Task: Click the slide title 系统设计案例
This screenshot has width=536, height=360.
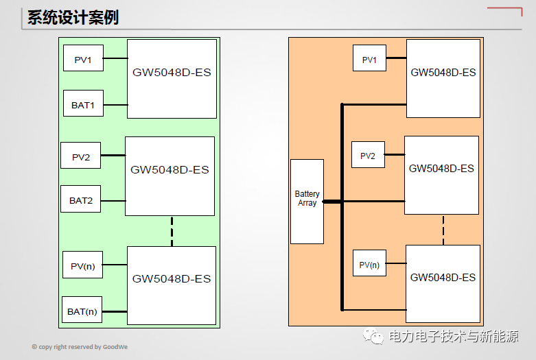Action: point(73,17)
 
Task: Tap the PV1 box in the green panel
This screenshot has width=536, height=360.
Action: point(83,60)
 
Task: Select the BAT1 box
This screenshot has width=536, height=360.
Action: point(83,106)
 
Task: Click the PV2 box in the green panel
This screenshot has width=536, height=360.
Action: point(81,157)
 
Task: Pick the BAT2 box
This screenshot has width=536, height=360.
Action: point(81,201)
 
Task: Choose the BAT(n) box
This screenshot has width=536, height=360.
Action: point(82,311)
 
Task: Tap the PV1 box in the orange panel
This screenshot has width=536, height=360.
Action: point(369,60)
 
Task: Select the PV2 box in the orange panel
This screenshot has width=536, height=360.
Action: point(368,156)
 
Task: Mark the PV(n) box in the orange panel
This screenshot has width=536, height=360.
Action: point(369,265)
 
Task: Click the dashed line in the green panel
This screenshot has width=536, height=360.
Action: point(172,230)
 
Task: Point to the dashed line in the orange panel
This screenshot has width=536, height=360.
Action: point(443,230)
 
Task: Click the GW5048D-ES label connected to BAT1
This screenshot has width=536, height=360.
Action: point(172,73)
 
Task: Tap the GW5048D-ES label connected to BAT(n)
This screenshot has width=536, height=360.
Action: point(172,279)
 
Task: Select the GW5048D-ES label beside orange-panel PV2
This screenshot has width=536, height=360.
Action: point(441,169)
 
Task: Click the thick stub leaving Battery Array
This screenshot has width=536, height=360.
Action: point(332,202)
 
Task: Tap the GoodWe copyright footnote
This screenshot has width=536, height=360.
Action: point(80,347)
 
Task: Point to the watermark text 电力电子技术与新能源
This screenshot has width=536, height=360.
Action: point(454,337)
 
